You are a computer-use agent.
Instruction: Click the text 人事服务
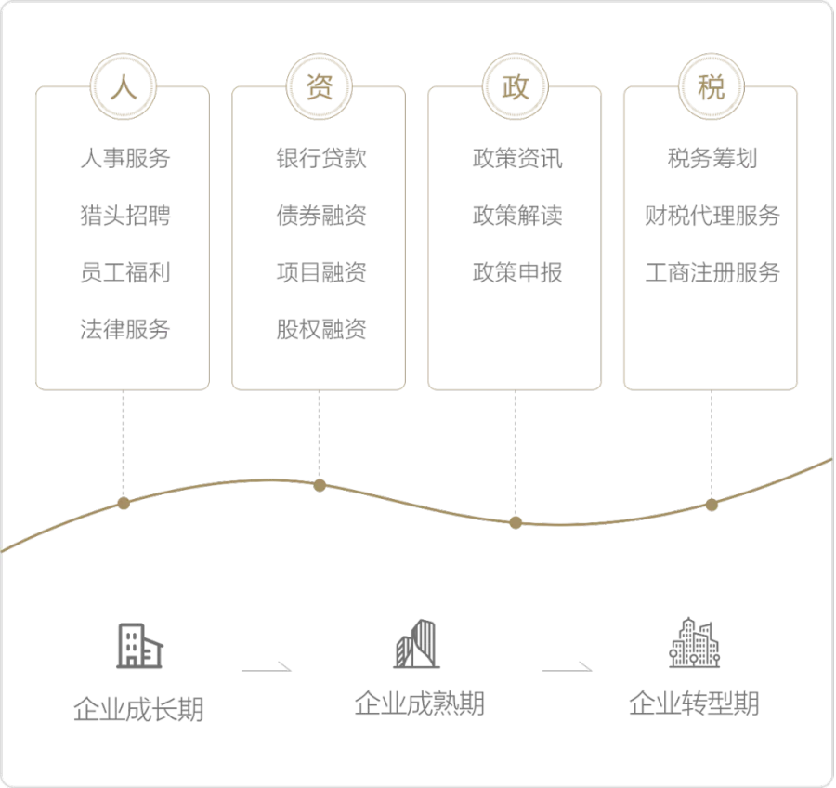124,159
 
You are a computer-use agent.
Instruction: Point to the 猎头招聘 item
124,217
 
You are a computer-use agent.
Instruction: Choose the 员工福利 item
124,273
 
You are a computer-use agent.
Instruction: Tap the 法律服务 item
124,330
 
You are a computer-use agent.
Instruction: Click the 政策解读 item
516,217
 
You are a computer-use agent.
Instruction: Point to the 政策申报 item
516,273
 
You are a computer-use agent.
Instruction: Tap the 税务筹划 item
712,159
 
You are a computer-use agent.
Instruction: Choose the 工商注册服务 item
712,273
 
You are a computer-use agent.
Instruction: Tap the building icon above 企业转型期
695,641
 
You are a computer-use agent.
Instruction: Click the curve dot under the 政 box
516,522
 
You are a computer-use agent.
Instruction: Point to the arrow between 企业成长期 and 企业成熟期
268,667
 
